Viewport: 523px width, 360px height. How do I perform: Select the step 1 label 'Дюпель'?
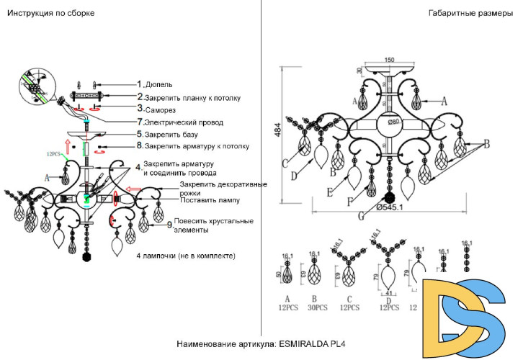pyautogui.click(x=158, y=84)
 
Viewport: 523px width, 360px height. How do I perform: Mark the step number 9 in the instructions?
pyautogui.click(x=169, y=225)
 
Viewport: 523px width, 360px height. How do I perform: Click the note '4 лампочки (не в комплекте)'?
pyautogui.click(x=185, y=256)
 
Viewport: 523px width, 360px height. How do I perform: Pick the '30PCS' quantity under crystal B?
pyautogui.click(x=315, y=307)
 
